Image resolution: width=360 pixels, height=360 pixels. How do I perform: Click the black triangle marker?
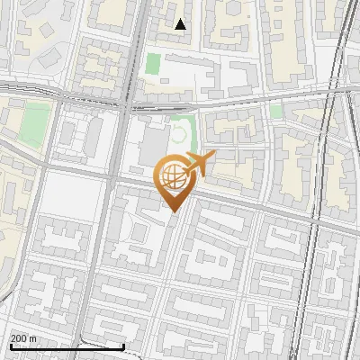point(181,24)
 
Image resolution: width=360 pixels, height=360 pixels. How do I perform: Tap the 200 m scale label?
point(24,338)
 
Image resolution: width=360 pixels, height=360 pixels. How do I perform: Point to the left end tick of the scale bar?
point(10,346)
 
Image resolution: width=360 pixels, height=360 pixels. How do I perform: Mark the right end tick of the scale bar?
point(123,346)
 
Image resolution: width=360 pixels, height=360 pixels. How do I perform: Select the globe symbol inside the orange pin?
point(174,178)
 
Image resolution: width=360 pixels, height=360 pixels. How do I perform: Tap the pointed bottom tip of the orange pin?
point(175,211)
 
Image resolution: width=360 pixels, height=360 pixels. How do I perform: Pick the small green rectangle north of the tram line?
point(153,65)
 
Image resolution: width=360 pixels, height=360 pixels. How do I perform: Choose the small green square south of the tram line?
point(275,111)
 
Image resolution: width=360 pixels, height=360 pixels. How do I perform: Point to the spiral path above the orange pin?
point(183,135)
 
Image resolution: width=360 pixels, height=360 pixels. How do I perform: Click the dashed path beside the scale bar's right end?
point(108,339)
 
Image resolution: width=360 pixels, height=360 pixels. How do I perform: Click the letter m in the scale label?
point(33,338)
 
